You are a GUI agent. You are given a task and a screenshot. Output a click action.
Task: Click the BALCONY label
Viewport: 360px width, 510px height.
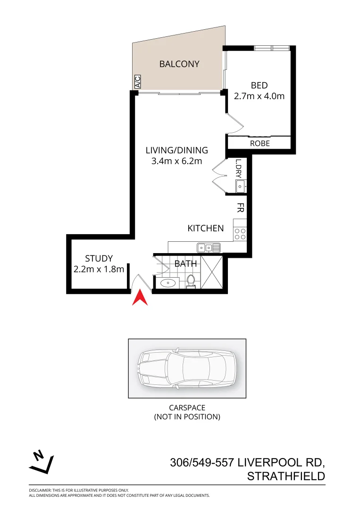click(179, 64)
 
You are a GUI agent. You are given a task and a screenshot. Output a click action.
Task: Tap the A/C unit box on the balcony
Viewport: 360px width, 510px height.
click(138, 82)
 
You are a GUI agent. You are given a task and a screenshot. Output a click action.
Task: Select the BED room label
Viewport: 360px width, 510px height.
click(259, 85)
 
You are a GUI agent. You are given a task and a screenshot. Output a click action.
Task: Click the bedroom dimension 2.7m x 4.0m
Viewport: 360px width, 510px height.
click(259, 96)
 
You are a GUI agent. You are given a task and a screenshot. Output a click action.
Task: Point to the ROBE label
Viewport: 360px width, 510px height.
click(260, 143)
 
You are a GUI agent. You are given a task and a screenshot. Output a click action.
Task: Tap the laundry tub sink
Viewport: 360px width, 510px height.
click(241, 187)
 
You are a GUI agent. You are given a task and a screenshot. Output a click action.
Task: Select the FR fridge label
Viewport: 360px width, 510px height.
click(240, 207)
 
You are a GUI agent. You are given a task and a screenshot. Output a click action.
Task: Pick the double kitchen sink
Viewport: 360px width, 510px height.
click(209, 247)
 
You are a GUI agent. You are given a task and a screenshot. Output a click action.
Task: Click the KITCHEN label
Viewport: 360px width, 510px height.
click(206, 229)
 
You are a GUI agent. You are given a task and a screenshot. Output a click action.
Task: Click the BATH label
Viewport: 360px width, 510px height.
click(186, 263)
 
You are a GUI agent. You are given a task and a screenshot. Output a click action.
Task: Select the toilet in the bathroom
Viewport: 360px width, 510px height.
click(191, 280)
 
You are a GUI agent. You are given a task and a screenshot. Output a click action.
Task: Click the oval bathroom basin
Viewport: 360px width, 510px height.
click(167, 283)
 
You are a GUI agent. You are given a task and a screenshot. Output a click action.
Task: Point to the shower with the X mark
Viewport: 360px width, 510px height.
click(211, 272)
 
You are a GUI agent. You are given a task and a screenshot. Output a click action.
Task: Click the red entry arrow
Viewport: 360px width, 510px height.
click(140, 298)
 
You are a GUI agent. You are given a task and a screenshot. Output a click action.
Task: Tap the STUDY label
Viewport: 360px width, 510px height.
click(99, 259)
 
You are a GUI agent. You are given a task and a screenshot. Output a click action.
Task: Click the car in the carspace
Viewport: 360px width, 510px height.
click(187, 369)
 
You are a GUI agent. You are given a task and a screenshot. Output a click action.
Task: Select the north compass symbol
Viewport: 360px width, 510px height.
click(42, 462)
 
